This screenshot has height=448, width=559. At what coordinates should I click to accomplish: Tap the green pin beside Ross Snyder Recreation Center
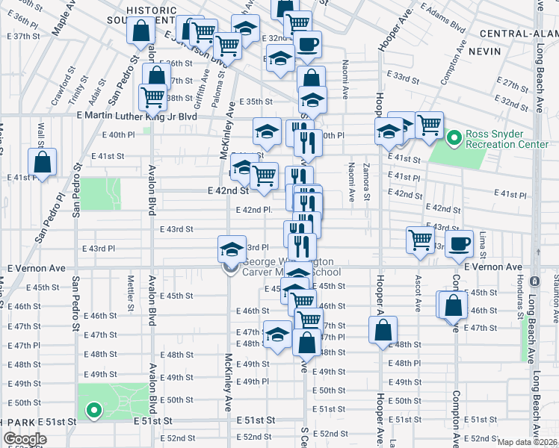tap(453, 138)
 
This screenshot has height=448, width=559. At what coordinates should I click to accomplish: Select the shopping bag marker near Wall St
tap(43, 162)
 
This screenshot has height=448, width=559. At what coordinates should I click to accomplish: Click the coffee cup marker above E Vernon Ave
tap(460, 243)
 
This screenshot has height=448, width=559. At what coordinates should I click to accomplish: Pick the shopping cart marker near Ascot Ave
tap(420, 240)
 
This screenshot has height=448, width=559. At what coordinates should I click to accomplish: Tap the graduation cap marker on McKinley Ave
tap(232, 249)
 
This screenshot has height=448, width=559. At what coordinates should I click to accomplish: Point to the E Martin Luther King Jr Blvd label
tap(135, 116)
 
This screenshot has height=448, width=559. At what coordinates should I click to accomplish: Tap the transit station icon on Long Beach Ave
tap(534, 281)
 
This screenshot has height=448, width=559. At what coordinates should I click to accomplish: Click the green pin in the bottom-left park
tap(93, 409)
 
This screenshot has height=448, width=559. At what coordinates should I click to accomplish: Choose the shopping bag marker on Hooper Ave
tap(383, 330)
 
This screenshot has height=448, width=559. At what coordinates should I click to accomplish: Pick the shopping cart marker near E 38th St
tap(152, 96)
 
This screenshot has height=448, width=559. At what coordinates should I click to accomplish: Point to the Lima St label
tap(484, 240)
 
